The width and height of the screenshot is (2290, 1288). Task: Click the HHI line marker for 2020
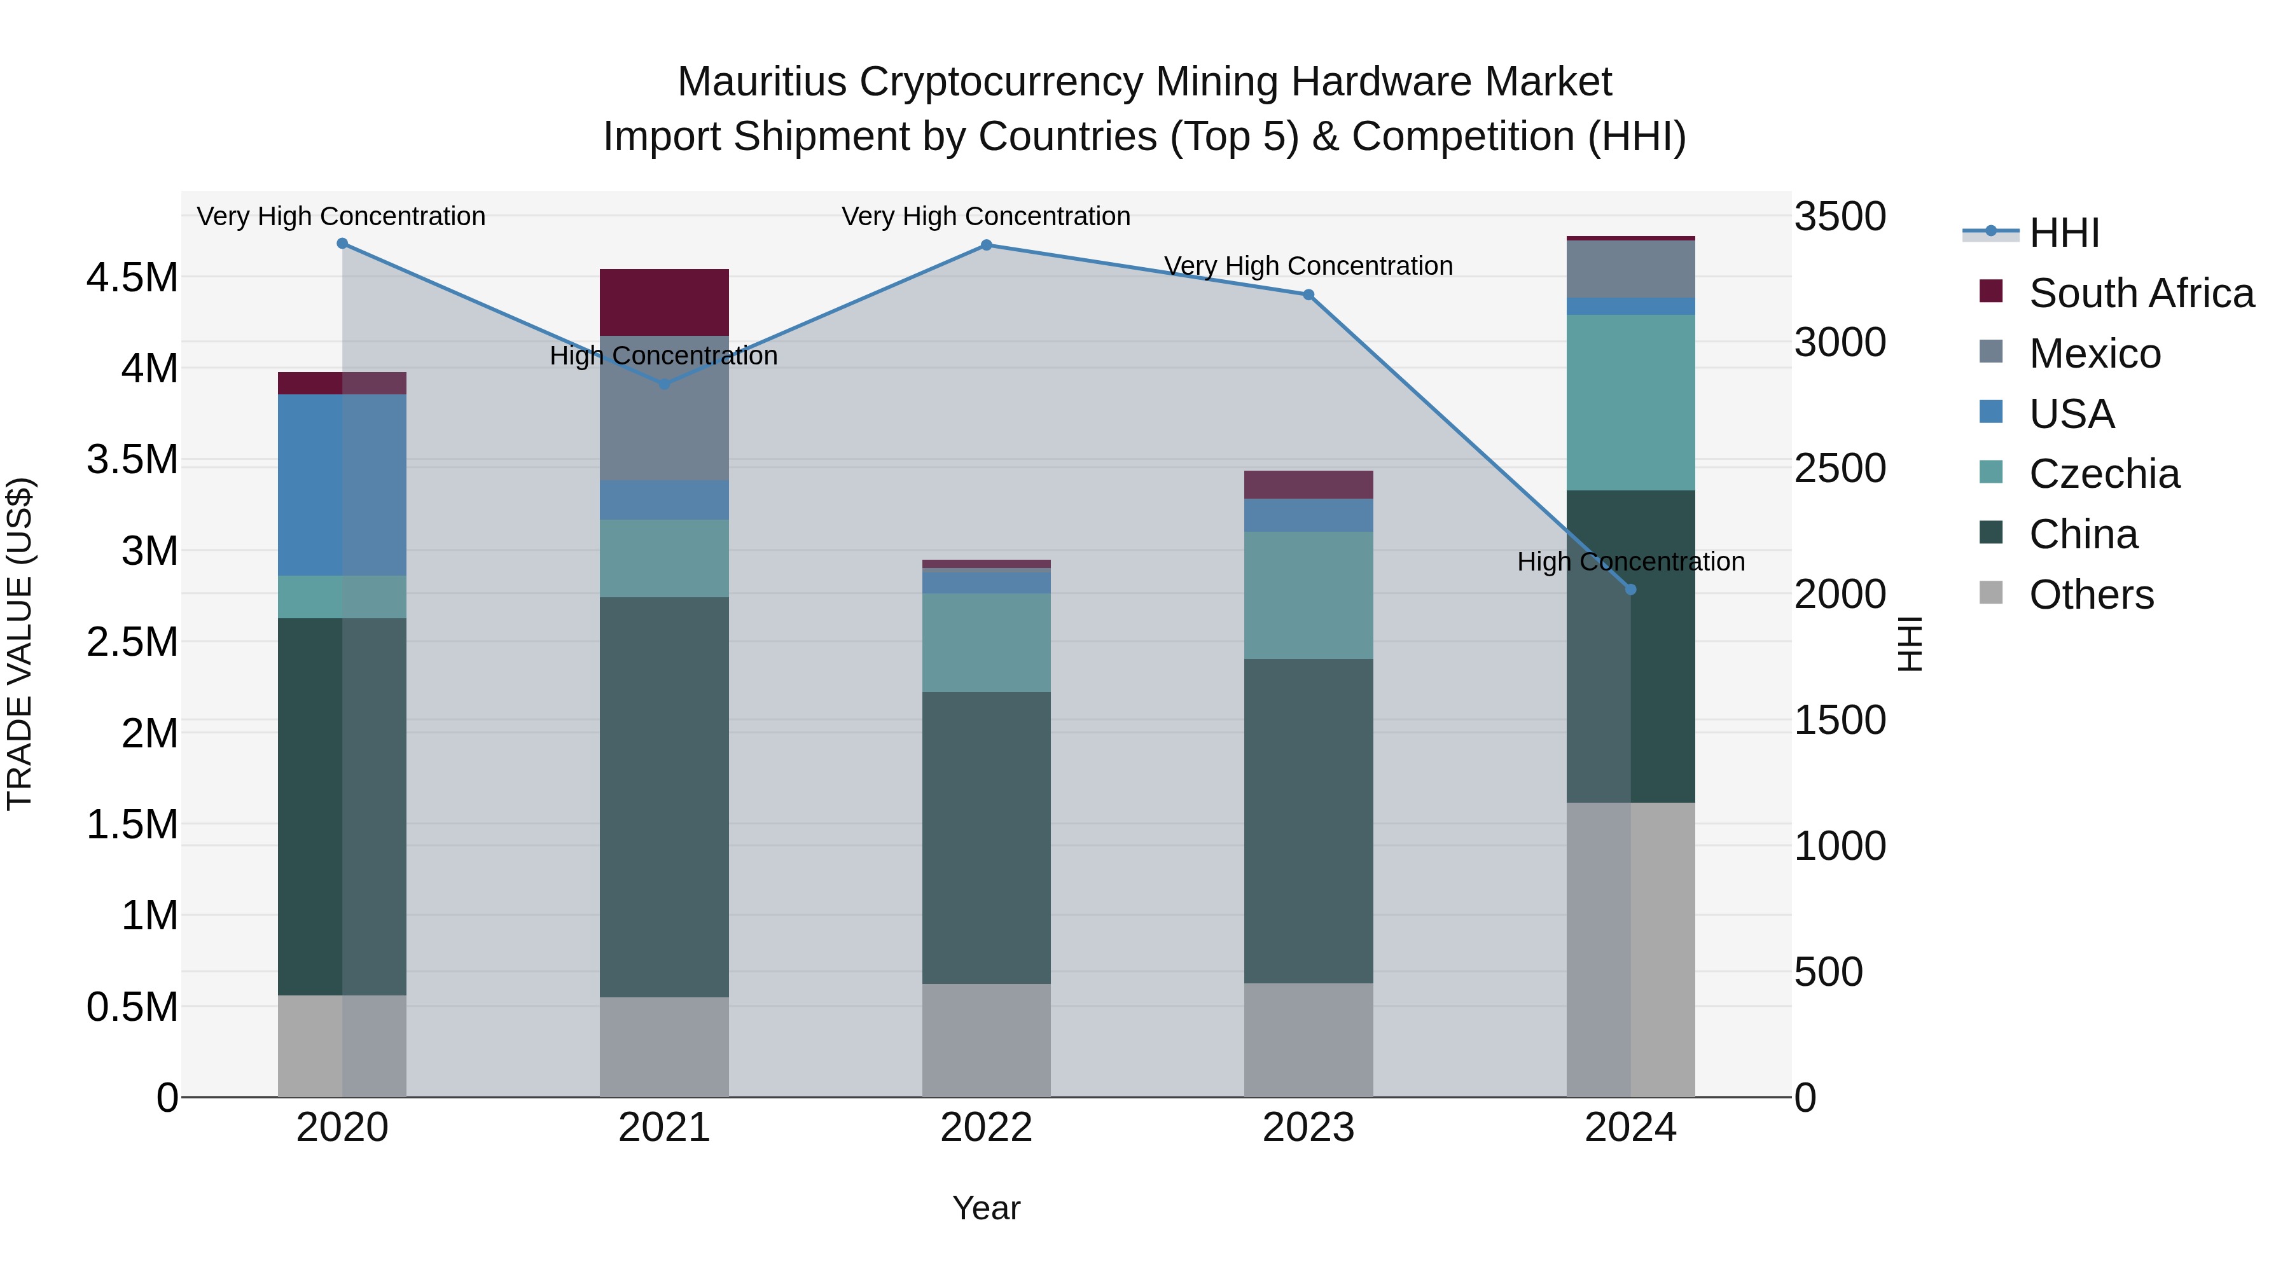(x=342, y=244)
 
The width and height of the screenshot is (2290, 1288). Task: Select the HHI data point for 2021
(x=664, y=384)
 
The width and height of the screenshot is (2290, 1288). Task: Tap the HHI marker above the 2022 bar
(x=986, y=246)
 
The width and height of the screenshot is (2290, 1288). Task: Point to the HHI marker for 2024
(x=1630, y=590)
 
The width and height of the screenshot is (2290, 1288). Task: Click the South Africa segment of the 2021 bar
(x=664, y=302)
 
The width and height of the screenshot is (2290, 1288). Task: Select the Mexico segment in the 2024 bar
(x=1630, y=269)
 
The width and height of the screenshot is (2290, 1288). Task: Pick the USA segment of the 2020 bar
(x=342, y=485)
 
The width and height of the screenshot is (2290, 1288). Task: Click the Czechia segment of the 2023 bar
(x=1308, y=595)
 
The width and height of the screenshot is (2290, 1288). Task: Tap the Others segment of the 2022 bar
(x=986, y=1040)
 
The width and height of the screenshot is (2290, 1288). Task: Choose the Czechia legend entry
(x=2104, y=474)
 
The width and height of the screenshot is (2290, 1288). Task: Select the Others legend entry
(x=2091, y=595)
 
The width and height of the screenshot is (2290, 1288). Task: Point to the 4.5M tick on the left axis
(x=132, y=278)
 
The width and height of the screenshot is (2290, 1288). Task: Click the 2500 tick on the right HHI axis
(x=1839, y=468)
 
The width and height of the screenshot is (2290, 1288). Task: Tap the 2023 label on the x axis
(x=1308, y=1128)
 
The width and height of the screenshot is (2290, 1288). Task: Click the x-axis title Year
(x=986, y=1208)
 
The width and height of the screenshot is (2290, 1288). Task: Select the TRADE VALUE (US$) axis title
(x=20, y=644)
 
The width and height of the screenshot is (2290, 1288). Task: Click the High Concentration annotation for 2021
(x=663, y=356)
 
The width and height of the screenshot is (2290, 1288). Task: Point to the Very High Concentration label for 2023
(x=1308, y=266)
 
